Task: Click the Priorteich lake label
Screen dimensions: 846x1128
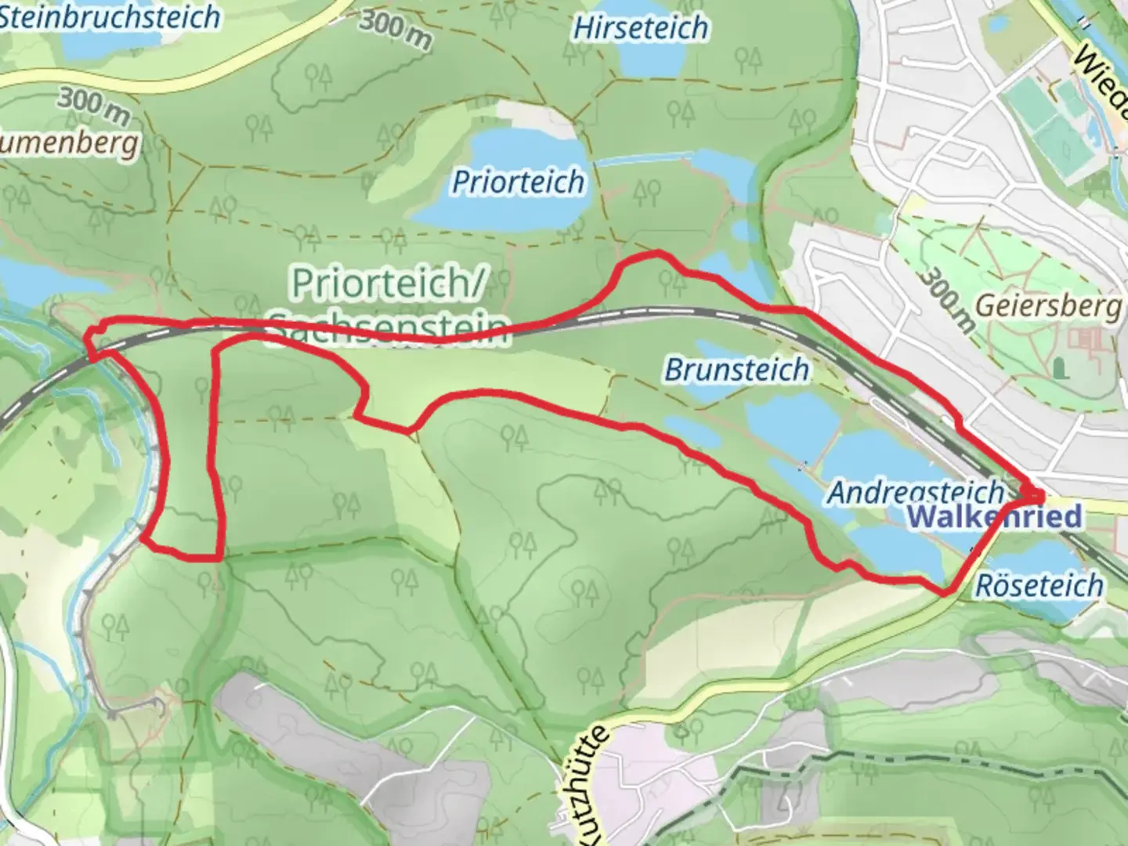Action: tap(519, 182)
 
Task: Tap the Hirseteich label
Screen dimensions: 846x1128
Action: tap(641, 27)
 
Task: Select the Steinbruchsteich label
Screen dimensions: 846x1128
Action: tap(110, 17)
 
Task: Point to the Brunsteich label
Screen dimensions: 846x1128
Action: tap(736, 369)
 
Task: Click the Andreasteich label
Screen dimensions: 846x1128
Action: tap(915, 492)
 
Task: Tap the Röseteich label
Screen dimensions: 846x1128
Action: tap(1039, 584)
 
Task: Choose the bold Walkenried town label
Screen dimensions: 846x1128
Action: tap(995, 517)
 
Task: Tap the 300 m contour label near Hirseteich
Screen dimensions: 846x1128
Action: tap(395, 30)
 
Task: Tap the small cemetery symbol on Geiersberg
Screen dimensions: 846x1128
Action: tap(1060, 367)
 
